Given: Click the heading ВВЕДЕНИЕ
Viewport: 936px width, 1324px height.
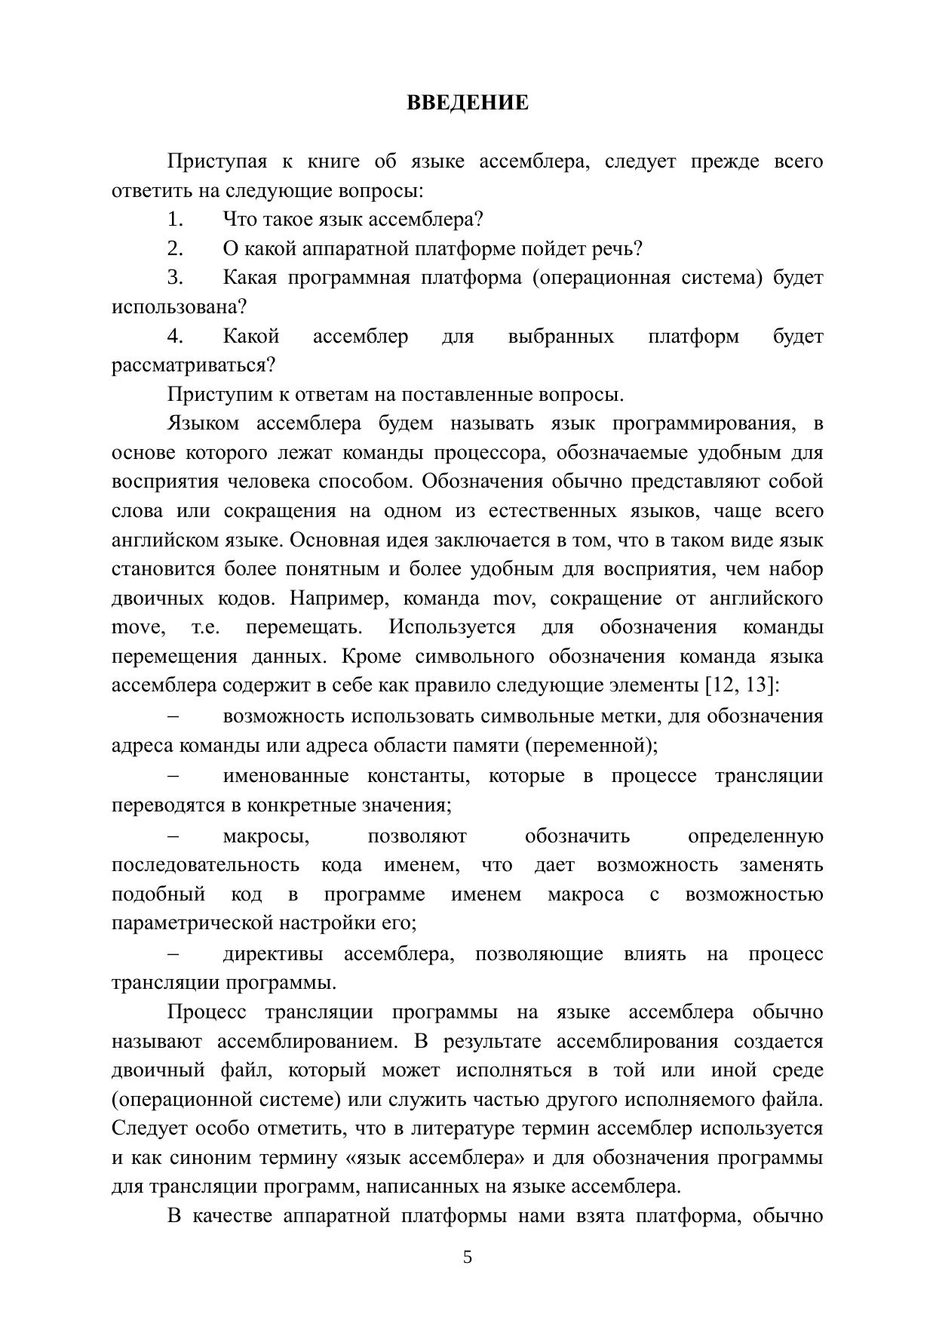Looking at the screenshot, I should pyautogui.click(x=468, y=103).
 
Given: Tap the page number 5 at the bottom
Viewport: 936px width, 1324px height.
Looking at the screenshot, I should pyautogui.click(x=468, y=1257).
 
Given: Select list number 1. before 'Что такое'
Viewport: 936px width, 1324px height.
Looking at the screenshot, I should pyautogui.click(x=176, y=220).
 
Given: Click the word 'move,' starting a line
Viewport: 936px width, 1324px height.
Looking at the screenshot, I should pyautogui.click(x=138, y=628).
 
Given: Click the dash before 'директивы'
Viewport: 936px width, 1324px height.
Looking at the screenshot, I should pyautogui.click(x=173, y=954).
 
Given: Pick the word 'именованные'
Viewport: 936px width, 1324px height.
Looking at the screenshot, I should pyautogui.click(x=286, y=777).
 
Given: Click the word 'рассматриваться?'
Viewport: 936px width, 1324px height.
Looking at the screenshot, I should pyautogui.click(x=194, y=366).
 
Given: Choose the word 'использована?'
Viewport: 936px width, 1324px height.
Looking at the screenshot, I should pyautogui.click(x=180, y=307).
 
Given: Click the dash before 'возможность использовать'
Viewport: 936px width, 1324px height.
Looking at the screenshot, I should pyautogui.click(x=173, y=716).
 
